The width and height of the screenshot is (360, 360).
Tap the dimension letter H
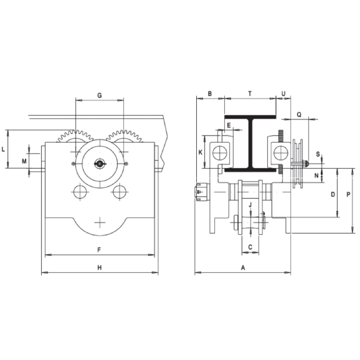click(100, 267)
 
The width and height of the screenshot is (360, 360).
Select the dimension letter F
click(100, 249)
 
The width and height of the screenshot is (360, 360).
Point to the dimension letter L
click(3, 149)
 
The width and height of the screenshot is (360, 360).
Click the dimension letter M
click(24, 161)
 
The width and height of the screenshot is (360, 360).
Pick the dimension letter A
click(243, 267)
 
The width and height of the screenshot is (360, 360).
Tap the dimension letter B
click(210, 94)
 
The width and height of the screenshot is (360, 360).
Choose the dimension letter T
click(250, 94)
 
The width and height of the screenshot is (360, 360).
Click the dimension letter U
click(283, 94)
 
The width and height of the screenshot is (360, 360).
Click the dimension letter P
click(348, 195)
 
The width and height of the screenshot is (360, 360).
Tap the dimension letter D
click(333, 195)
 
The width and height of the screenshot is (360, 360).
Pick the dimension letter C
click(250, 247)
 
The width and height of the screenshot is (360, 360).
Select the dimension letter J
click(250, 204)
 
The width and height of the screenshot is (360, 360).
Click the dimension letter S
click(318, 154)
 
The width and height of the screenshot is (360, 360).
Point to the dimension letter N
click(316, 176)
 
